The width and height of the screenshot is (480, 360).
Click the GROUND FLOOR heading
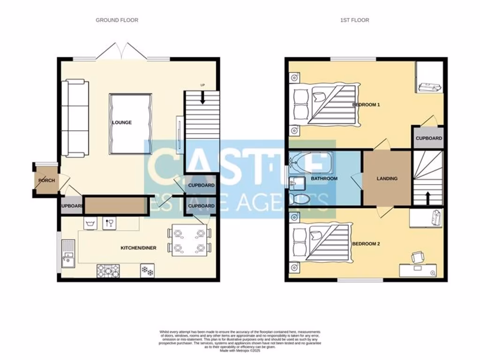tap(117, 20)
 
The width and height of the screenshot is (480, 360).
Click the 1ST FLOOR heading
tap(354, 20)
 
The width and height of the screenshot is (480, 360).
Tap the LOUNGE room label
tap(122, 123)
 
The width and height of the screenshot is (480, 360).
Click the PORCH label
tap(46, 180)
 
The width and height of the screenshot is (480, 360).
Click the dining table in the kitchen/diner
tap(189, 240)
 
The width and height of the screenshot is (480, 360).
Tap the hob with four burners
tap(108, 270)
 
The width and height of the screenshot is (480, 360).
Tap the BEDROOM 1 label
tap(366, 105)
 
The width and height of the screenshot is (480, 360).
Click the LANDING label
tap(387, 179)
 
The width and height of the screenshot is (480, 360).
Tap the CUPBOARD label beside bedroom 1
tap(428, 138)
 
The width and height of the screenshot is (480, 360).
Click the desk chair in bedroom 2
tap(417, 257)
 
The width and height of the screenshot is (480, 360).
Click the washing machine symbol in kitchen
tap(91, 224)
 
